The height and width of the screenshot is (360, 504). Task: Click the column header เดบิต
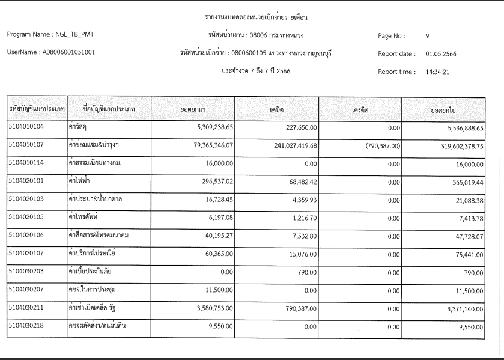[277, 110]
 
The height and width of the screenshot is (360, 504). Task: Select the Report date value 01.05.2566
[441, 54]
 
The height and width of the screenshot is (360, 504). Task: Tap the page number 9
[427, 36]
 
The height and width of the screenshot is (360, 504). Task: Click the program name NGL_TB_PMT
[67, 34]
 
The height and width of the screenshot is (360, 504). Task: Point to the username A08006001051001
[67, 52]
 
